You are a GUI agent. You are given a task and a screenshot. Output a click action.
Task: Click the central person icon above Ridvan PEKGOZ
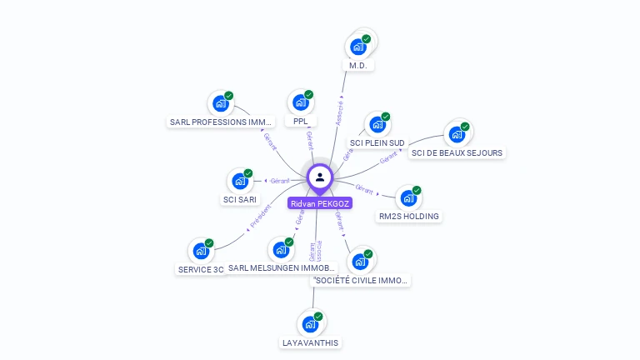point(320,177)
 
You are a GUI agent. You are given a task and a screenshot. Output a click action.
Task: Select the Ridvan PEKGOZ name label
point(320,202)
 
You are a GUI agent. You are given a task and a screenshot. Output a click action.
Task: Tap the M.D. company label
point(358,65)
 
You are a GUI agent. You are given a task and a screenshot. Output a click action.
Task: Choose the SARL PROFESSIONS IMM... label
point(220,122)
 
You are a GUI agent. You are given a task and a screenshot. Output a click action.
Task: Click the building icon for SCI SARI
point(240,181)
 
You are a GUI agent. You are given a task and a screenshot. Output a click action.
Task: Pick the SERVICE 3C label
point(201,269)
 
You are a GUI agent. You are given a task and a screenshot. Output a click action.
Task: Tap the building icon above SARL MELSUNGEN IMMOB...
point(282,250)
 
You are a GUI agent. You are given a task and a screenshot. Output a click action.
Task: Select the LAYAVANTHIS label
point(311,342)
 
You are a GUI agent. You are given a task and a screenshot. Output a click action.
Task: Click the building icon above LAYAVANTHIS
point(311,323)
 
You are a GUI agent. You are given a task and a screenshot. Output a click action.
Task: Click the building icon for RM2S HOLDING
point(408,198)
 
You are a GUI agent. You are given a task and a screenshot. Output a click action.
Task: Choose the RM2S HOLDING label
point(409,217)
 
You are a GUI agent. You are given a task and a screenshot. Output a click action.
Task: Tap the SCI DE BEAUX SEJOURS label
point(457,152)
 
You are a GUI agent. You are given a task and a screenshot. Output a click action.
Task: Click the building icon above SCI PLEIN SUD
point(377,125)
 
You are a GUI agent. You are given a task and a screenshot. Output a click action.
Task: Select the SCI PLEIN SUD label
point(377,143)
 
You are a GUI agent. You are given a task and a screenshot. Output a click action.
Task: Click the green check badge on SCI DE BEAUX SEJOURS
point(465,127)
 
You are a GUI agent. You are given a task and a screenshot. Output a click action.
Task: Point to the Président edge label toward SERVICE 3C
point(260,216)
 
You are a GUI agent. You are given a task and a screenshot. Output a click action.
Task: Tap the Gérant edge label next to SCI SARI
point(280,181)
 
